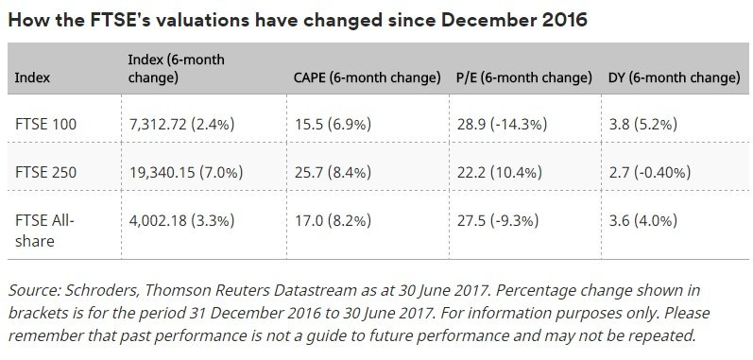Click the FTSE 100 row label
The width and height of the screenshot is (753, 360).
(x=45, y=125)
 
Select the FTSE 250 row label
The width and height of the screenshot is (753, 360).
(x=45, y=172)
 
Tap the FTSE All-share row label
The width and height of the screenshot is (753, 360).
(x=44, y=231)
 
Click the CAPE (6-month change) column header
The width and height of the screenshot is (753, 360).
(x=368, y=77)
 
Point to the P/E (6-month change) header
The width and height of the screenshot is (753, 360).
(x=524, y=77)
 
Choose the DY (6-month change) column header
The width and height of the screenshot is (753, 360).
(x=675, y=77)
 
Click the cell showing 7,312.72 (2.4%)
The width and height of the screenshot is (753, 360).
(x=181, y=125)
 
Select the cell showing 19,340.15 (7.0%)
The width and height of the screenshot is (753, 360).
(x=186, y=172)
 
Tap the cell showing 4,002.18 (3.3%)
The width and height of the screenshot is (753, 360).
(x=181, y=220)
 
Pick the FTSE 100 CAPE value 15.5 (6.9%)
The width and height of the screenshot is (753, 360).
(x=333, y=125)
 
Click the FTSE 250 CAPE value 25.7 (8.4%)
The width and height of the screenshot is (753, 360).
(x=333, y=172)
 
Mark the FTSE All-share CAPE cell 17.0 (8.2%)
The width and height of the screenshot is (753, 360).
(x=333, y=220)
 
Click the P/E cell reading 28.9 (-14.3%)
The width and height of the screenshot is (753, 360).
(x=502, y=125)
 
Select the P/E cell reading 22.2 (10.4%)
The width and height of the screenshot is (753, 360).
(x=499, y=172)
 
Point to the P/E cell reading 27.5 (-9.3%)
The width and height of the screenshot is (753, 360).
(x=498, y=220)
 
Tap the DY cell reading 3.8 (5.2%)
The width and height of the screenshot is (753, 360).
(x=642, y=125)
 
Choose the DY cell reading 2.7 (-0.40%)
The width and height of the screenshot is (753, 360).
(x=649, y=172)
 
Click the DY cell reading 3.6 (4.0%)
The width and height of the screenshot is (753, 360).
(x=642, y=220)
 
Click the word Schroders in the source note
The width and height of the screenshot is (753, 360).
(x=102, y=290)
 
